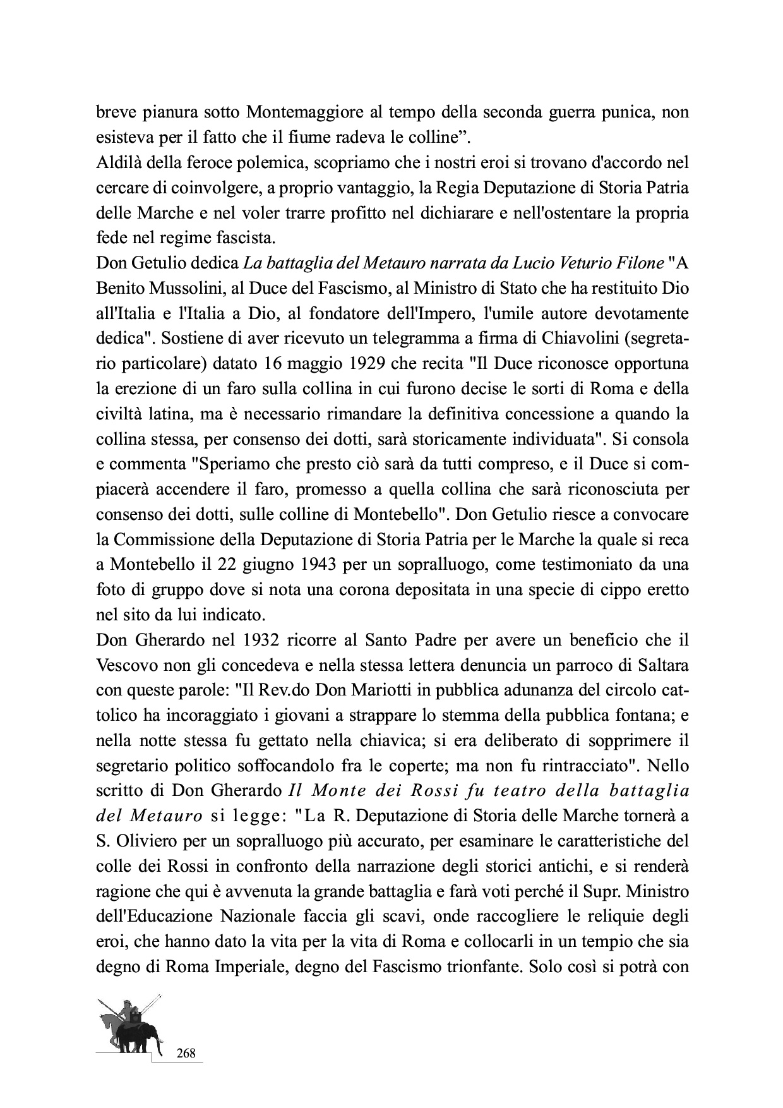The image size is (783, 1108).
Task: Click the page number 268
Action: point(185,1052)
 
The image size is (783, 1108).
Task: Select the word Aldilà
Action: point(119,163)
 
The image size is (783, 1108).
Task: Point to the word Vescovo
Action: point(125,663)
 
